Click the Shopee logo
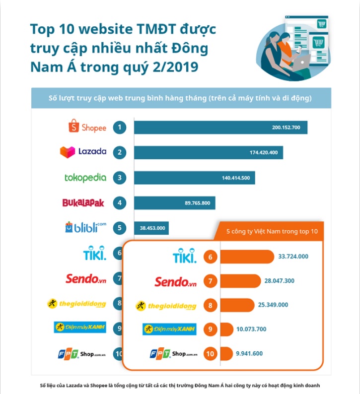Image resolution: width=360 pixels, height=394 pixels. (x=87, y=127)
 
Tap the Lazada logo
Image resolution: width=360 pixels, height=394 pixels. (x=83, y=152)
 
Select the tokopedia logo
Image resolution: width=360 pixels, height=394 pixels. (x=85, y=177)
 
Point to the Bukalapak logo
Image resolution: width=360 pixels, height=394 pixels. (x=83, y=203)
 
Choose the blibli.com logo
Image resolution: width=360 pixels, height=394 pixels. (x=85, y=227)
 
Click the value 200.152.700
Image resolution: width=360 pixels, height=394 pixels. (x=286, y=128)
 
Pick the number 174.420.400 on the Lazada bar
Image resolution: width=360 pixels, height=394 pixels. (x=263, y=152)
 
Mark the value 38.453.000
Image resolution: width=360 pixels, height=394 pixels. (x=151, y=228)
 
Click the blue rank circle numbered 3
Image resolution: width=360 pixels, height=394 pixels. (x=119, y=178)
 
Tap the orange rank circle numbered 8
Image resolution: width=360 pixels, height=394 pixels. (x=211, y=305)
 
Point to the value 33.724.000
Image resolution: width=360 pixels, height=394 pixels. (x=293, y=257)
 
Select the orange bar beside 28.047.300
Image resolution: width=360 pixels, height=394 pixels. (x=240, y=281)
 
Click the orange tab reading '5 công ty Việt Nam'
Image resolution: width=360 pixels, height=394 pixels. (x=271, y=231)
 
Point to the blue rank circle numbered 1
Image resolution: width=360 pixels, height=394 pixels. (x=119, y=128)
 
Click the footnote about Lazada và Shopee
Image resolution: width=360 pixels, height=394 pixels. (x=180, y=386)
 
